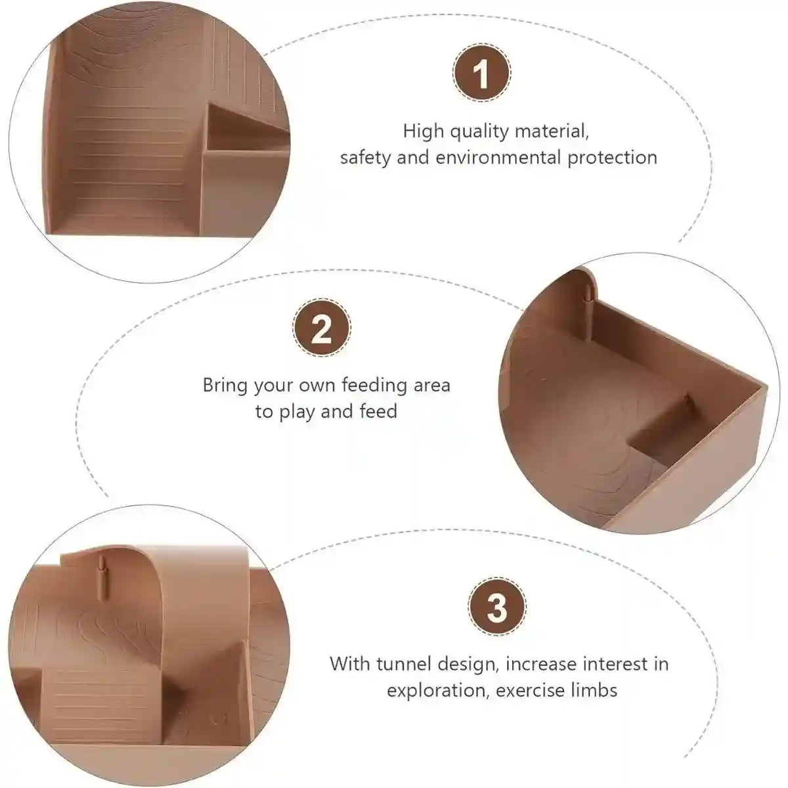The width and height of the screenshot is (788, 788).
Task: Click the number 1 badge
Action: pos(482,73)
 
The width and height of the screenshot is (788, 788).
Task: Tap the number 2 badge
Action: pos(322,328)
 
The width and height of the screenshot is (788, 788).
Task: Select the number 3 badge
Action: pos(497,607)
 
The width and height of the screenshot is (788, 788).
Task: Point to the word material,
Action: pos(552,132)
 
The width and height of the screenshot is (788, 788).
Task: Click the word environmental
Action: pos(498,158)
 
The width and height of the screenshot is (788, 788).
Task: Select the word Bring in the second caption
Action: pos(225,386)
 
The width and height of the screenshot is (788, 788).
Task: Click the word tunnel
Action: pos(403,664)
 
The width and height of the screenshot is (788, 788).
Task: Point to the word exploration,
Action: pos(437,691)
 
